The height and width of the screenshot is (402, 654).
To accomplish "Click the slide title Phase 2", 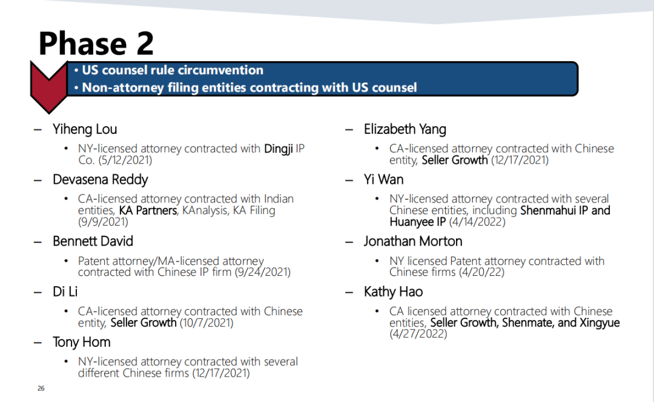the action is pos(96,44).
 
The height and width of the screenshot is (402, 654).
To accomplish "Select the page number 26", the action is pos(41,388).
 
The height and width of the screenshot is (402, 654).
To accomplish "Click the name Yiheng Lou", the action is pos(85,129).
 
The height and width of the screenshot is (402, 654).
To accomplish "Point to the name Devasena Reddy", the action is pos(100,179).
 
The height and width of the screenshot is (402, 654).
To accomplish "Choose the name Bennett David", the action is pos(93,241).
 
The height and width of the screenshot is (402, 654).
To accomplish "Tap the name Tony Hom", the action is pos(81,343).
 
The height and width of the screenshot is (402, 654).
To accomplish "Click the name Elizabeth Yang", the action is pos(405,129).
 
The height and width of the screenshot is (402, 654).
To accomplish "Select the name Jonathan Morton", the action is pos(413,241).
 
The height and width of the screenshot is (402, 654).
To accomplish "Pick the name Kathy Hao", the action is pos(393,292).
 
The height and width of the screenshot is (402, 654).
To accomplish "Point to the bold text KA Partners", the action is pos(148,210).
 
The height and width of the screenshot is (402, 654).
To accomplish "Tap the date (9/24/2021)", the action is pos(262,272).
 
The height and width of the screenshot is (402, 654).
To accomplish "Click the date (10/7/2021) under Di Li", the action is pos(206,323).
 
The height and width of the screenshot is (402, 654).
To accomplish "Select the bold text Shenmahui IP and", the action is pos(565,210).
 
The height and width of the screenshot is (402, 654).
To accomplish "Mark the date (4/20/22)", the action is pos(482,272).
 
